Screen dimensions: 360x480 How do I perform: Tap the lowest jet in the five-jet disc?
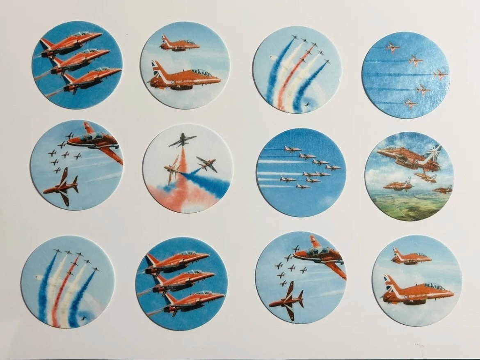click(x=410, y=103)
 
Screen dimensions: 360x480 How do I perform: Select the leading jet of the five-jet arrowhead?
click(x=440, y=75)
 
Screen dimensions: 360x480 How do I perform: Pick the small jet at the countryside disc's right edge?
click(x=443, y=190)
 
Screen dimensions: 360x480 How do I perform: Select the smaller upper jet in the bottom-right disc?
click(x=410, y=257)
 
